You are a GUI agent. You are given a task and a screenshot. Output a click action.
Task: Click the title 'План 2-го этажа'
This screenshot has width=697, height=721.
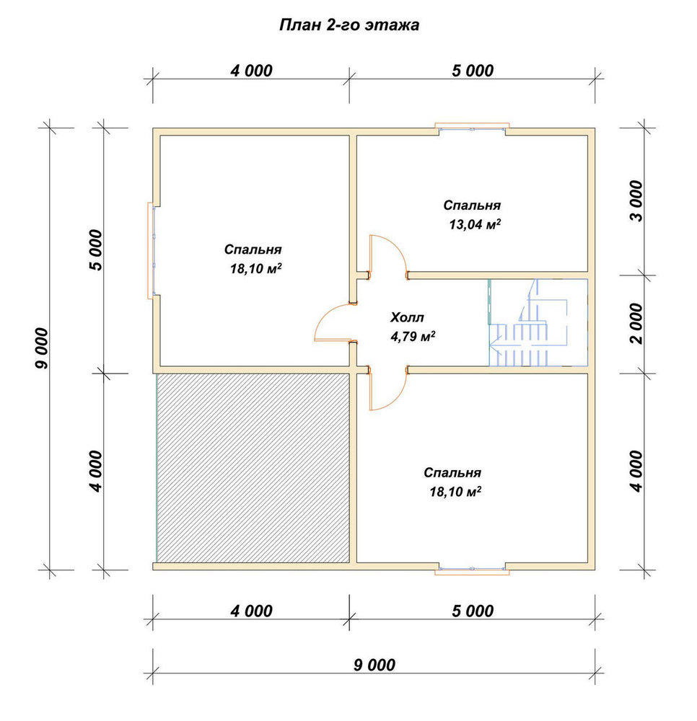349,25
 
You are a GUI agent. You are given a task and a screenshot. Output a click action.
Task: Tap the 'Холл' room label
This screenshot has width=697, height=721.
407,317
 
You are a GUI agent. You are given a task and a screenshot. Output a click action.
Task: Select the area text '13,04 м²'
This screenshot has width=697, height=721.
475,224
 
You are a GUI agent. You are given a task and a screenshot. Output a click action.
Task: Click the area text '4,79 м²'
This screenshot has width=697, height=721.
413,337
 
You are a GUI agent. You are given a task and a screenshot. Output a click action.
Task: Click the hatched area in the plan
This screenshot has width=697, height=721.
253,468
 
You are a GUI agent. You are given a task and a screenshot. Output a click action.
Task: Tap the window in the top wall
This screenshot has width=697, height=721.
472,128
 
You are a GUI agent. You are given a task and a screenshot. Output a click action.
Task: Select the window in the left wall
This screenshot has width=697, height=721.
152,251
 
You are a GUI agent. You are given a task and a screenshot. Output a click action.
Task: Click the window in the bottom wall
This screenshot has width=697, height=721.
472,570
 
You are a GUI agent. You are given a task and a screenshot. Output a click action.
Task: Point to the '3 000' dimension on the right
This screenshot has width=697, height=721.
637,201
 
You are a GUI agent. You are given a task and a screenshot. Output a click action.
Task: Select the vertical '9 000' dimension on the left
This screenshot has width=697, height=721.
42,348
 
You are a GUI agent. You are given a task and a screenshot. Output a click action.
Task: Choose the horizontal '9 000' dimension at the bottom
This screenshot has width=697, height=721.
374,665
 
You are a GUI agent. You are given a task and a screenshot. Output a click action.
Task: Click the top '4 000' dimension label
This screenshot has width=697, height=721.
252,71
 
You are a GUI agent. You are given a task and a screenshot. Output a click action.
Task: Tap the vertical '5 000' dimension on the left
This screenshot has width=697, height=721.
96,250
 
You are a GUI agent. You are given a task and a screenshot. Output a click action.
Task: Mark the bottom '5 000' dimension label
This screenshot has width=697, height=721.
473,611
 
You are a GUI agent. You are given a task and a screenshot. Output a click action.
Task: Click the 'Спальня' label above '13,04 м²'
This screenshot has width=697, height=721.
472,205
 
